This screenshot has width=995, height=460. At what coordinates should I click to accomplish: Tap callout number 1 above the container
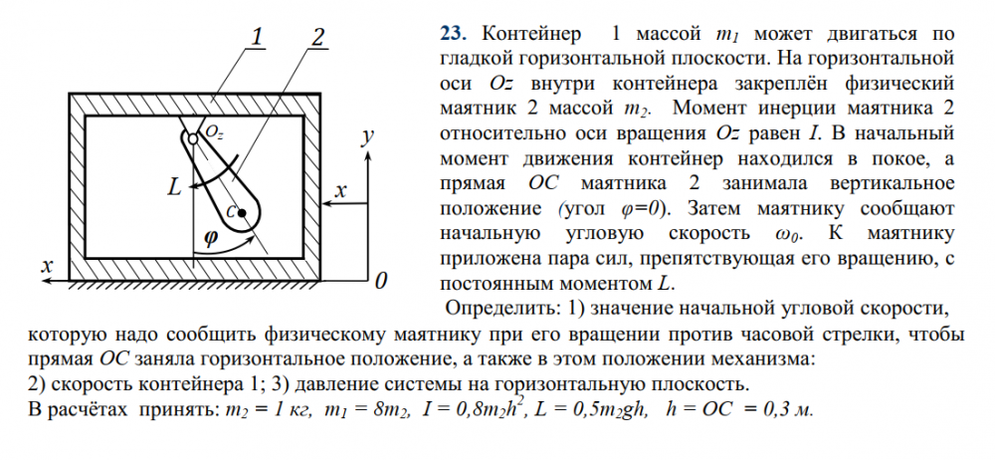point(256,38)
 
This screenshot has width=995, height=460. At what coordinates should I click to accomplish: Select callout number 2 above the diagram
point(317,38)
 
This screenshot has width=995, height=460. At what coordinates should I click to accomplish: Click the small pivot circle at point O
point(192,138)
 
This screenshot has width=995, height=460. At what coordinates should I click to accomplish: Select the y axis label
point(367,136)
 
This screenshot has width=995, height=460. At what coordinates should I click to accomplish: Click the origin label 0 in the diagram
point(381,281)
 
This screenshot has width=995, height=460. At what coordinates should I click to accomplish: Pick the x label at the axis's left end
point(47,266)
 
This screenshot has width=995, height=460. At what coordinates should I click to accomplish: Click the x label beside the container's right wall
point(340,190)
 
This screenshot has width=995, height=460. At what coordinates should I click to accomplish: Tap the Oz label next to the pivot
point(215,131)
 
